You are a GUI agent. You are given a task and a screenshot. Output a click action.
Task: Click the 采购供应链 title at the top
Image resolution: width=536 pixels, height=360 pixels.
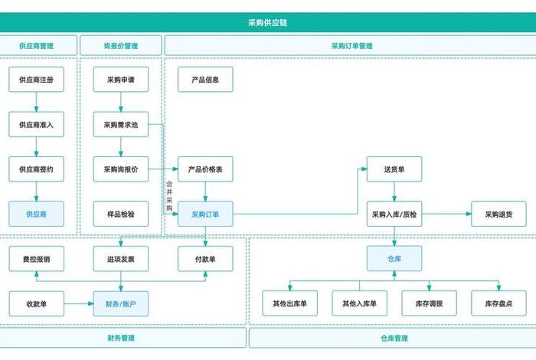[x=267, y=23]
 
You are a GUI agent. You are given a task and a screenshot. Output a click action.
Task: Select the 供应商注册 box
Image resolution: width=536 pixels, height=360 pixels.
[x=36, y=80]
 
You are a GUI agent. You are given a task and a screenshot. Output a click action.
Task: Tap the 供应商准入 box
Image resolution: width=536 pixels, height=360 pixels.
[x=36, y=124]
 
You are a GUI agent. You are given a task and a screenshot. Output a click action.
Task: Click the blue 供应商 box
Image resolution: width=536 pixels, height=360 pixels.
[x=36, y=214]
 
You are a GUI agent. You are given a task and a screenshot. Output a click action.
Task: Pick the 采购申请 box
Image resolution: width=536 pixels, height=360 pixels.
[x=121, y=80]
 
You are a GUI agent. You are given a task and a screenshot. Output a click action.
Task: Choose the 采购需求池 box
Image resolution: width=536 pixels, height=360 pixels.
[x=121, y=124]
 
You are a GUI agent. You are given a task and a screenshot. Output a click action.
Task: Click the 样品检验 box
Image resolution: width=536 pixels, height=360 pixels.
[x=121, y=214]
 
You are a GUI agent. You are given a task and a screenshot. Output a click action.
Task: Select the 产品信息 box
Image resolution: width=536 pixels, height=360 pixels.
[x=205, y=80]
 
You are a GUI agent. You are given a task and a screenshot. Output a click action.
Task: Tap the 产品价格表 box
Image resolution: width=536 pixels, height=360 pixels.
[x=205, y=169]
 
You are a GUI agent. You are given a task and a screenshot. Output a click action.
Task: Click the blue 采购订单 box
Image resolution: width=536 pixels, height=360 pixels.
[x=205, y=214]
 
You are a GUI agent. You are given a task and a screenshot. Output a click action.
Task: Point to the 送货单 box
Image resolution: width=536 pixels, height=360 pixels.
[x=394, y=169]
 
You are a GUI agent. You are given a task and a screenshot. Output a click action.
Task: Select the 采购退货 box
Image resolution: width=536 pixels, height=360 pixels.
[x=499, y=214]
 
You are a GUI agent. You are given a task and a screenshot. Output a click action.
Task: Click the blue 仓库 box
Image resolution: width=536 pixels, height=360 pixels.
[x=394, y=259]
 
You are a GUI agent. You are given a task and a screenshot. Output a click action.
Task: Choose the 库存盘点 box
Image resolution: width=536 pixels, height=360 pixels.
[x=499, y=304]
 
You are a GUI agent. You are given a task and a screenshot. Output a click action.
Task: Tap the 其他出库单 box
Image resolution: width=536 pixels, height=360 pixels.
[x=289, y=304]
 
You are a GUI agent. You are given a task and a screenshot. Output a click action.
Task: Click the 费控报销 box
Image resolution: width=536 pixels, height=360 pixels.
[x=36, y=259]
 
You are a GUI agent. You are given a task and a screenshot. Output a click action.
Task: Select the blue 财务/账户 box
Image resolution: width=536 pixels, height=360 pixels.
[x=121, y=304]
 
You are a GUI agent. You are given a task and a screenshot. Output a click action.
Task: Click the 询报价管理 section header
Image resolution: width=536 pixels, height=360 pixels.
[x=121, y=46]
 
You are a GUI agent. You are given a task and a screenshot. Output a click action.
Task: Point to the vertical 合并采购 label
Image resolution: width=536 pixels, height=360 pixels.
[x=169, y=196]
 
